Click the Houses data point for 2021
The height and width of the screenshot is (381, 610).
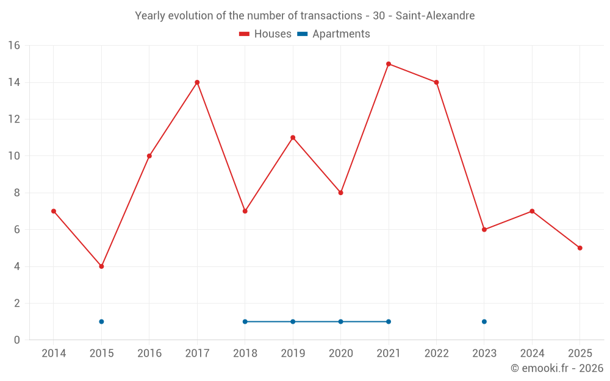(x=389, y=64)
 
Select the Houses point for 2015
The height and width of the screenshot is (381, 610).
(x=101, y=266)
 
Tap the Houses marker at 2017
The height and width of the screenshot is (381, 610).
(x=197, y=82)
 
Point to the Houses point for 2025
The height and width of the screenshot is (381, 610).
(x=580, y=248)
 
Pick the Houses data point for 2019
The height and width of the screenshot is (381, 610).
(x=293, y=138)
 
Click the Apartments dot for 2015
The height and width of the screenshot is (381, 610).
(x=101, y=322)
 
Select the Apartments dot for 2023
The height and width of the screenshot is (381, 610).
(x=484, y=322)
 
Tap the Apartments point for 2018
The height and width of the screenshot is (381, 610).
(x=245, y=322)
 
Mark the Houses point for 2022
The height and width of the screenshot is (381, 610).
(x=436, y=82)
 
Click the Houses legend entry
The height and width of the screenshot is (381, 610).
(x=265, y=34)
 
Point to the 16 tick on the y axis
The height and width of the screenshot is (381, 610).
(x=14, y=46)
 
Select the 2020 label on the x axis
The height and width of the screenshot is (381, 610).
(x=340, y=354)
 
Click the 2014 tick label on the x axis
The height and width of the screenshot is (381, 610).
(x=54, y=354)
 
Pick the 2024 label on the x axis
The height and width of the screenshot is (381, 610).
(x=532, y=354)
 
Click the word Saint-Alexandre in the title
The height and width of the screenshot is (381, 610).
(x=435, y=16)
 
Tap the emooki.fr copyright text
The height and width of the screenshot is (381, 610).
(x=557, y=368)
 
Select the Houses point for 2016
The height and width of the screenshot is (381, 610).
(x=149, y=156)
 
